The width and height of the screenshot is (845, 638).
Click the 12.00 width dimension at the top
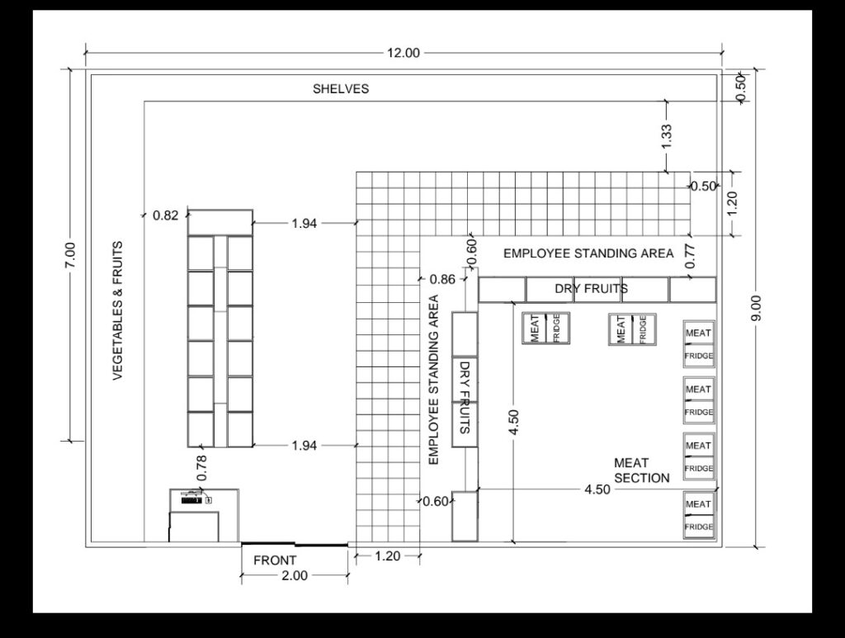tap(403, 53)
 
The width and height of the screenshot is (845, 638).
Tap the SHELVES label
tap(341, 89)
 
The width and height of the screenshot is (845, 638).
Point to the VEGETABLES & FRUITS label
tap(118, 311)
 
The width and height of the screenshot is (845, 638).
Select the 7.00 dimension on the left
tap(71, 258)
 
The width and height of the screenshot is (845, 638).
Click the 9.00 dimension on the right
tap(756, 308)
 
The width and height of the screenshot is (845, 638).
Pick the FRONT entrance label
tap(275, 560)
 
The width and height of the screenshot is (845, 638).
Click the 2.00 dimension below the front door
tap(295, 575)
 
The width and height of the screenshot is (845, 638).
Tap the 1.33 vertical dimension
tap(667, 136)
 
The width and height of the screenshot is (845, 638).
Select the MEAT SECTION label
tap(641, 470)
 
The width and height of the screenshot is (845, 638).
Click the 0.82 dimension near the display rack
tap(165, 215)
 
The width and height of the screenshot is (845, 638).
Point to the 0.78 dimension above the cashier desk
tap(202, 468)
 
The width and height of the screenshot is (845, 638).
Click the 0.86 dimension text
tap(442, 279)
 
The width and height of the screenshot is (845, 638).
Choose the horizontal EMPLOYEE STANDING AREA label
tap(588, 253)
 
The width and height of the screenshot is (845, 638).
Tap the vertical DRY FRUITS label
tap(465, 397)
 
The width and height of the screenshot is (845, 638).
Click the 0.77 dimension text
tap(691, 257)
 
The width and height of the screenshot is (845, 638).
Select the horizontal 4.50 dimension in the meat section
tap(597, 489)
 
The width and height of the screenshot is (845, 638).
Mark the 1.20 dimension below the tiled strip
tap(388, 556)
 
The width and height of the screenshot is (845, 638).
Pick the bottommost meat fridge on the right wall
tap(699, 515)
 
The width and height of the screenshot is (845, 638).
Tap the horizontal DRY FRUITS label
tap(591, 289)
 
